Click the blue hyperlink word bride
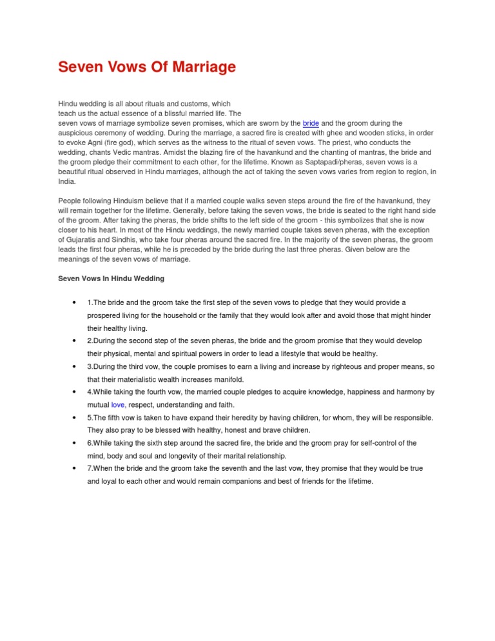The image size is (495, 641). coord(311,123)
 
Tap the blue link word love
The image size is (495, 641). coord(117,405)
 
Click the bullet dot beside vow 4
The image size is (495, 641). coord(77,392)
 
